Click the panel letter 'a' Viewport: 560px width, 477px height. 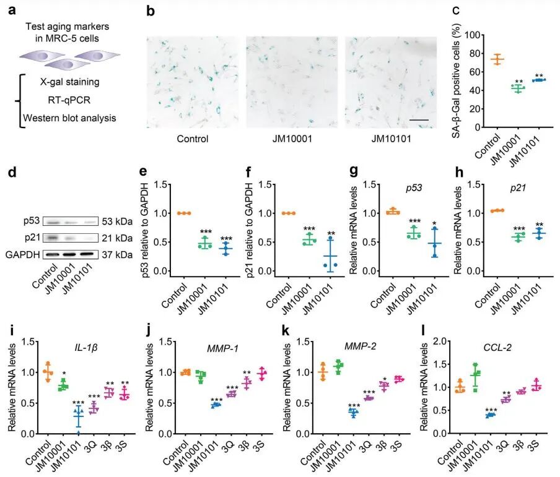coord(12,10)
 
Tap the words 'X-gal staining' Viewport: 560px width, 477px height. coord(69,82)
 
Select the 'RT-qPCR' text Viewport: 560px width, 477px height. coord(69,100)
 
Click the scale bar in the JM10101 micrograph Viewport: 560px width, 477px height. coord(419,120)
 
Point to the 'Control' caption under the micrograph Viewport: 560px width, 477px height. coord(193,139)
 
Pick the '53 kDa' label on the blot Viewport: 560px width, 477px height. coord(117,221)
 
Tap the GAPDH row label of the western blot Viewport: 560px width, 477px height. coord(22,254)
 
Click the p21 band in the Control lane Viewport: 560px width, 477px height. coord(53,237)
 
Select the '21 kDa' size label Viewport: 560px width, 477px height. coord(117,238)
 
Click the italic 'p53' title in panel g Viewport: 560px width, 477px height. coord(414,188)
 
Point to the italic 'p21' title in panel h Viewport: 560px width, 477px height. coord(518,188)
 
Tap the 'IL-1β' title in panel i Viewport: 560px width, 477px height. coord(86,347)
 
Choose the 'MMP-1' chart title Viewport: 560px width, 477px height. coord(222,348)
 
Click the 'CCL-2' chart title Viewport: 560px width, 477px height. coord(497,347)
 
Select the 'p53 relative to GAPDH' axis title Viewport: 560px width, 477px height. coord(144,230)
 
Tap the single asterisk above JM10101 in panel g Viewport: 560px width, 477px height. coord(434,224)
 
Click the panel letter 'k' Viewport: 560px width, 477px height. coord(286,331)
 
